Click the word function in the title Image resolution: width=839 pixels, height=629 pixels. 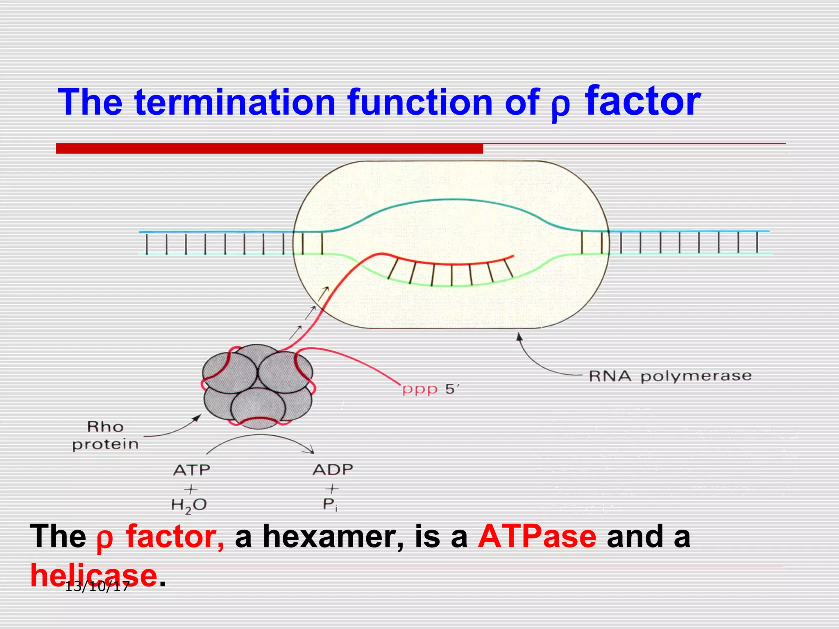pyautogui.click(x=420, y=102)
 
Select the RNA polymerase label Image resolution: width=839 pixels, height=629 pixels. pyautogui.click(x=670, y=376)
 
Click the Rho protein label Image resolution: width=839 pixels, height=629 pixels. pyautogui.click(x=105, y=436)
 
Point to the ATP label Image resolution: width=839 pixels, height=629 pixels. pyautogui.click(x=191, y=470)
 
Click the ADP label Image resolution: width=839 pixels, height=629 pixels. pyautogui.click(x=333, y=470)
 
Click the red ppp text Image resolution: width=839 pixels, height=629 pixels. pyautogui.click(x=420, y=389)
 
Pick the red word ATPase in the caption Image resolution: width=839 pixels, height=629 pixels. pyautogui.click(x=537, y=536)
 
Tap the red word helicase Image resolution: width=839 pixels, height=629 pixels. pyautogui.click(x=94, y=575)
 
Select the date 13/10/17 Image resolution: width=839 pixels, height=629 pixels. pyautogui.click(x=98, y=586)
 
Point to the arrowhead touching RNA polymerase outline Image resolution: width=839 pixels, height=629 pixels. pyautogui.click(x=519, y=336)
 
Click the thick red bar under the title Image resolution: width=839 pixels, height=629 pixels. pyautogui.click(x=269, y=148)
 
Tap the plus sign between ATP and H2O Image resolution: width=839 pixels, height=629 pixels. pyautogui.click(x=190, y=489)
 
